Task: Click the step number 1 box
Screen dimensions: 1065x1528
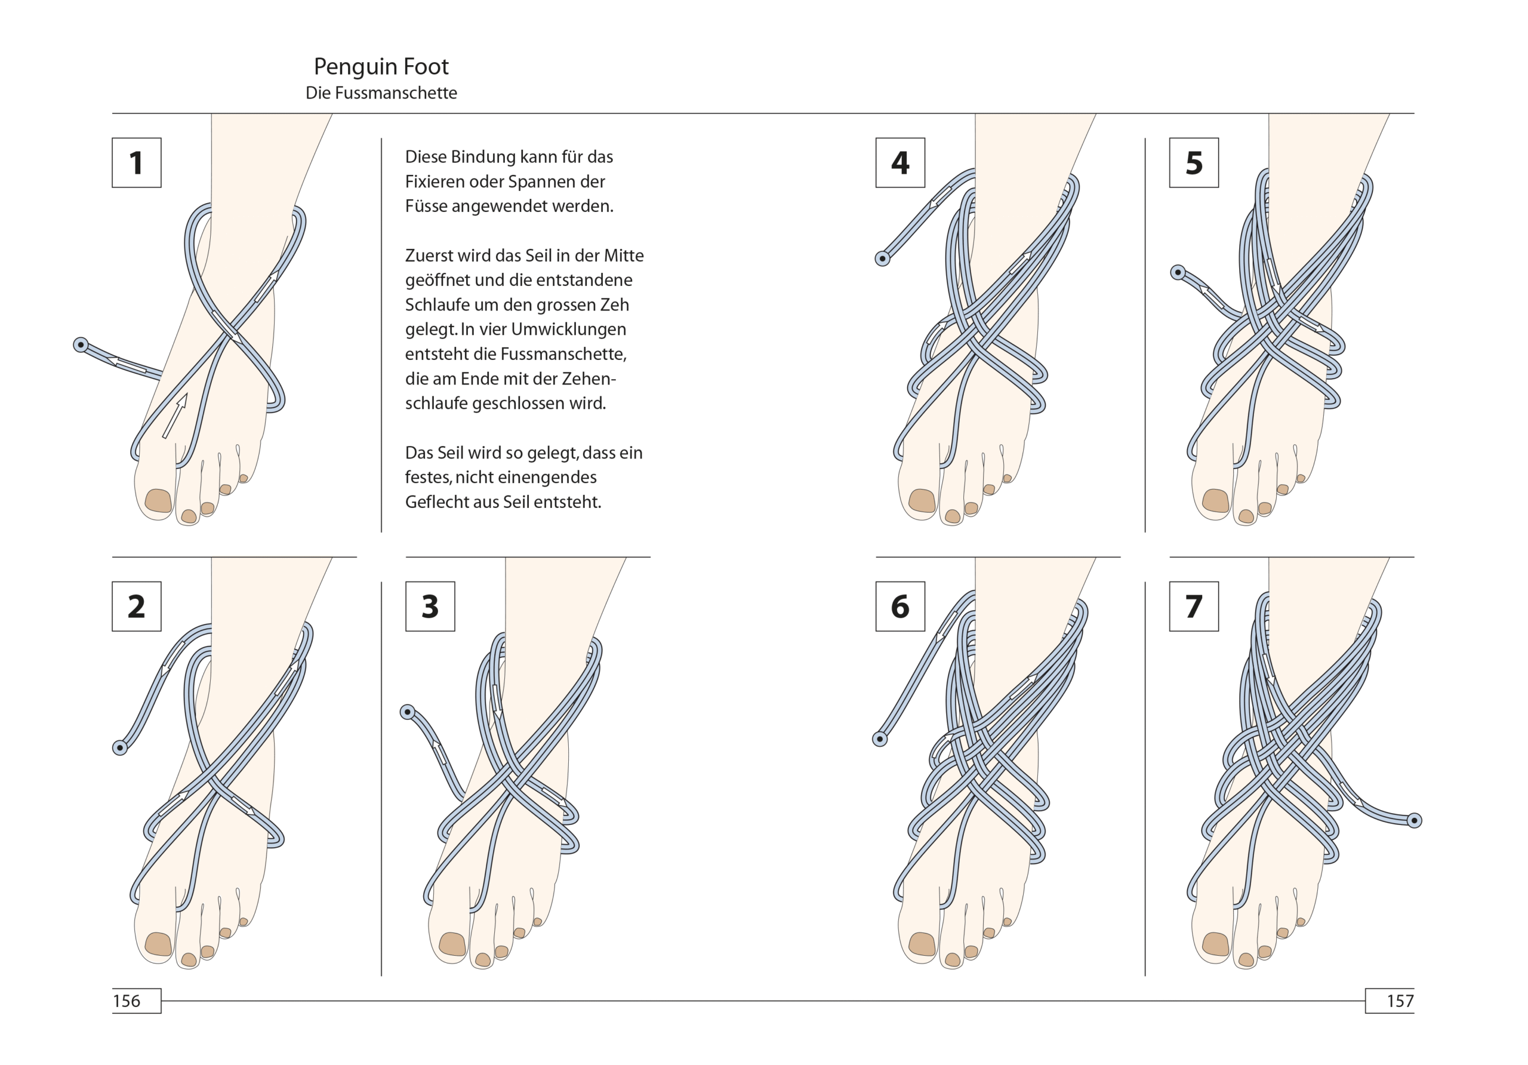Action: coord(137,162)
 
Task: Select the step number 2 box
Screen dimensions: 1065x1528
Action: coord(137,606)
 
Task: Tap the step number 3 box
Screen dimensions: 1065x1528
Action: coord(430,606)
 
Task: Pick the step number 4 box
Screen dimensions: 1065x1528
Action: coord(899,162)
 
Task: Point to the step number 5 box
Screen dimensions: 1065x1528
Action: coord(1193,162)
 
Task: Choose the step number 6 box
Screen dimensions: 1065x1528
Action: coord(899,606)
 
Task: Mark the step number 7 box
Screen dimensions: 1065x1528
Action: coord(1193,606)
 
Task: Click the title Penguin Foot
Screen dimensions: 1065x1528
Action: coord(381,67)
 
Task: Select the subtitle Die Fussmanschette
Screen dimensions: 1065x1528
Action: coord(381,93)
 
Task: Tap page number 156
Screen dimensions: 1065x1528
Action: coord(127,1001)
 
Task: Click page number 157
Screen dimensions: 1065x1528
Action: coord(1400,1001)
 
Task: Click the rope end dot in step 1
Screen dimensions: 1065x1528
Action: coord(81,345)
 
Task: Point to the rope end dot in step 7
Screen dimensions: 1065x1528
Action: coord(1414,820)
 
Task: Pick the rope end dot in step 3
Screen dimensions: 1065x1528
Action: coord(407,712)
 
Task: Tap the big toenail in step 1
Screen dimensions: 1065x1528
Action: coord(158,500)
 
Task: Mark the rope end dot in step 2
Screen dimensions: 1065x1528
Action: coord(120,747)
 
